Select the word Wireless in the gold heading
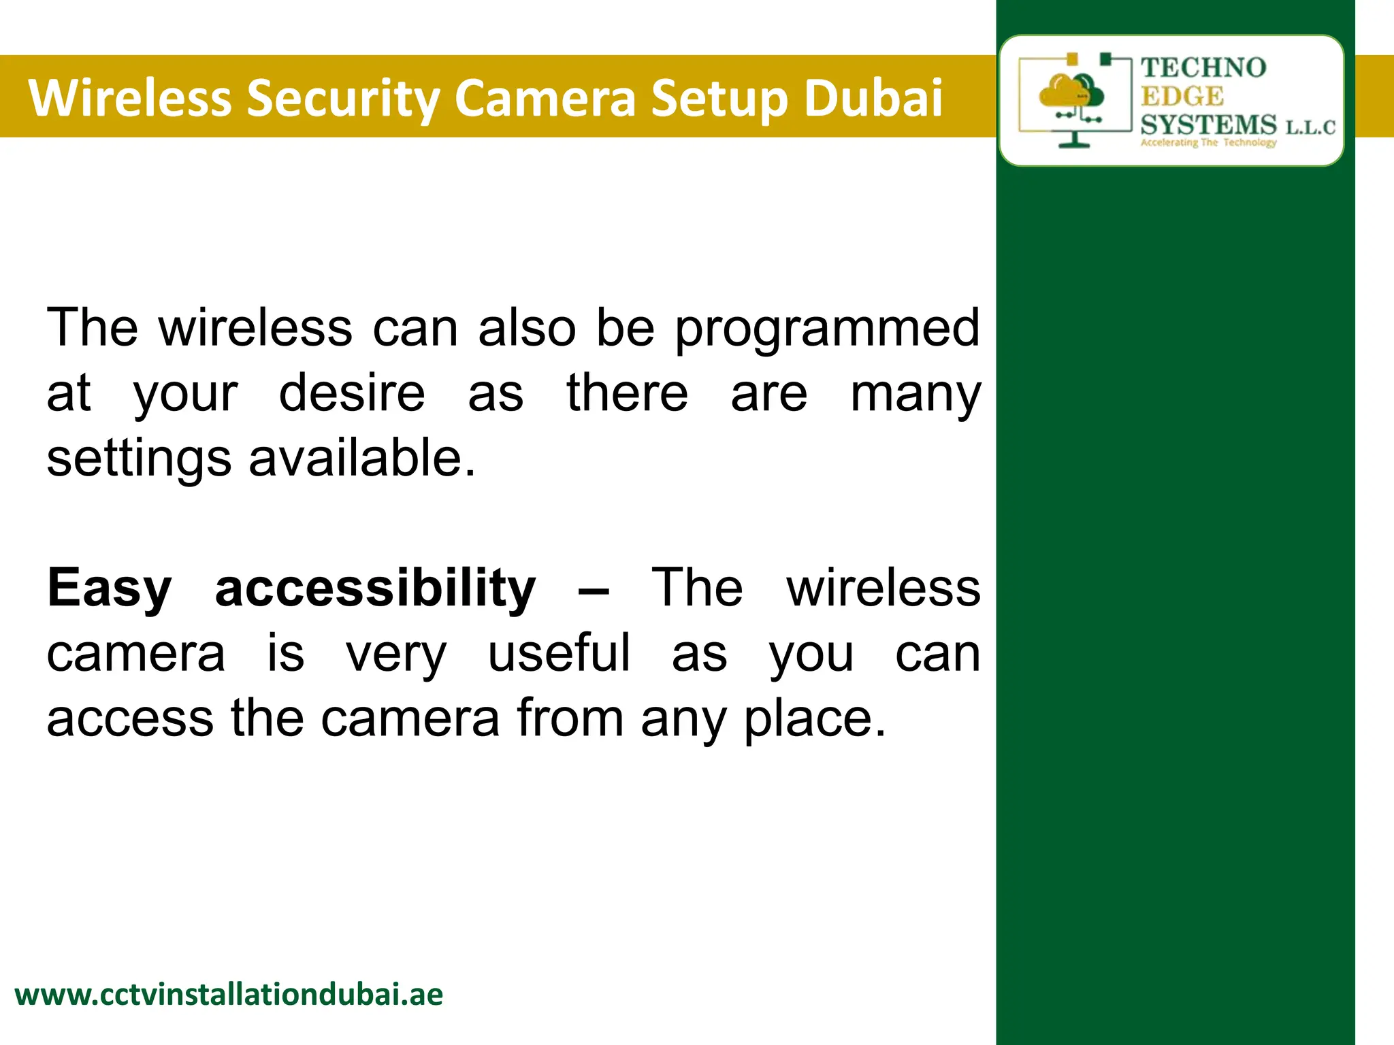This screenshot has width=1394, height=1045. [130, 97]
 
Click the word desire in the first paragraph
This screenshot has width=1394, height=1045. [352, 394]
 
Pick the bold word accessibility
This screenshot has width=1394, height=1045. [376, 588]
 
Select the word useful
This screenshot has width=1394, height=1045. [559, 653]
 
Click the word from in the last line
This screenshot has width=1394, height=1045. [570, 718]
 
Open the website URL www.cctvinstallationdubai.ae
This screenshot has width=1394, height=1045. [229, 995]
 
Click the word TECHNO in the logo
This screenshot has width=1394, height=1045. [1203, 67]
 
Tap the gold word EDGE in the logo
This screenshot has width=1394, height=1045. [1182, 97]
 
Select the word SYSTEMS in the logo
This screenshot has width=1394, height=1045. [1208, 125]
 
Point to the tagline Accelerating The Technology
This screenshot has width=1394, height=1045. [1208, 143]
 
